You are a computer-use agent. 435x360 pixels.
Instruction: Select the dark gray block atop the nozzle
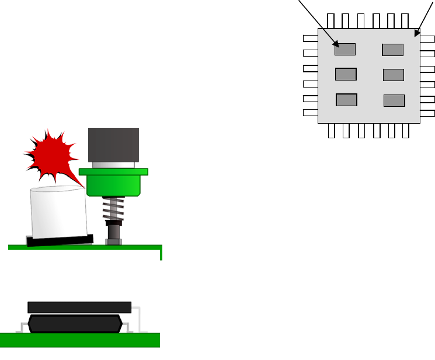[113, 144]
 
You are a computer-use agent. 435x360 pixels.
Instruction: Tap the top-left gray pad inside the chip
[345, 50]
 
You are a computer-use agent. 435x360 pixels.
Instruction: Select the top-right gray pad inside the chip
[392, 50]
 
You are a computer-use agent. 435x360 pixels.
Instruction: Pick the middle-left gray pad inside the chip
[346, 74]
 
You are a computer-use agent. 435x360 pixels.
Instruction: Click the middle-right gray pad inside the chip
[393, 75]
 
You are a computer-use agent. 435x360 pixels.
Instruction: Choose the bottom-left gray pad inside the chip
[346, 100]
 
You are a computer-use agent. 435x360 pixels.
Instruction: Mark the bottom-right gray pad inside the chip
[394, 100]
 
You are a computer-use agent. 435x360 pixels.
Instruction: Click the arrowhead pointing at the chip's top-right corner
[417, 33]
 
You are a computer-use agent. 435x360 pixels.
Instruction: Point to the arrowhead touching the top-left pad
[335, 43]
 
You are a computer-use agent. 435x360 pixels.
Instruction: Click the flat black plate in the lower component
[79, 307]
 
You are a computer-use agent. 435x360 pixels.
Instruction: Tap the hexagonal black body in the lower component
[75, 324]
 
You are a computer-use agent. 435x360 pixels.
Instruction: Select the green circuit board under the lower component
[80, 340]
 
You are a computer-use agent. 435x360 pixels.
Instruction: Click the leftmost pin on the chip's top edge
[331, 20]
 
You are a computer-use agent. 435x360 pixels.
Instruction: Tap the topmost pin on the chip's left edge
[311, 39]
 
